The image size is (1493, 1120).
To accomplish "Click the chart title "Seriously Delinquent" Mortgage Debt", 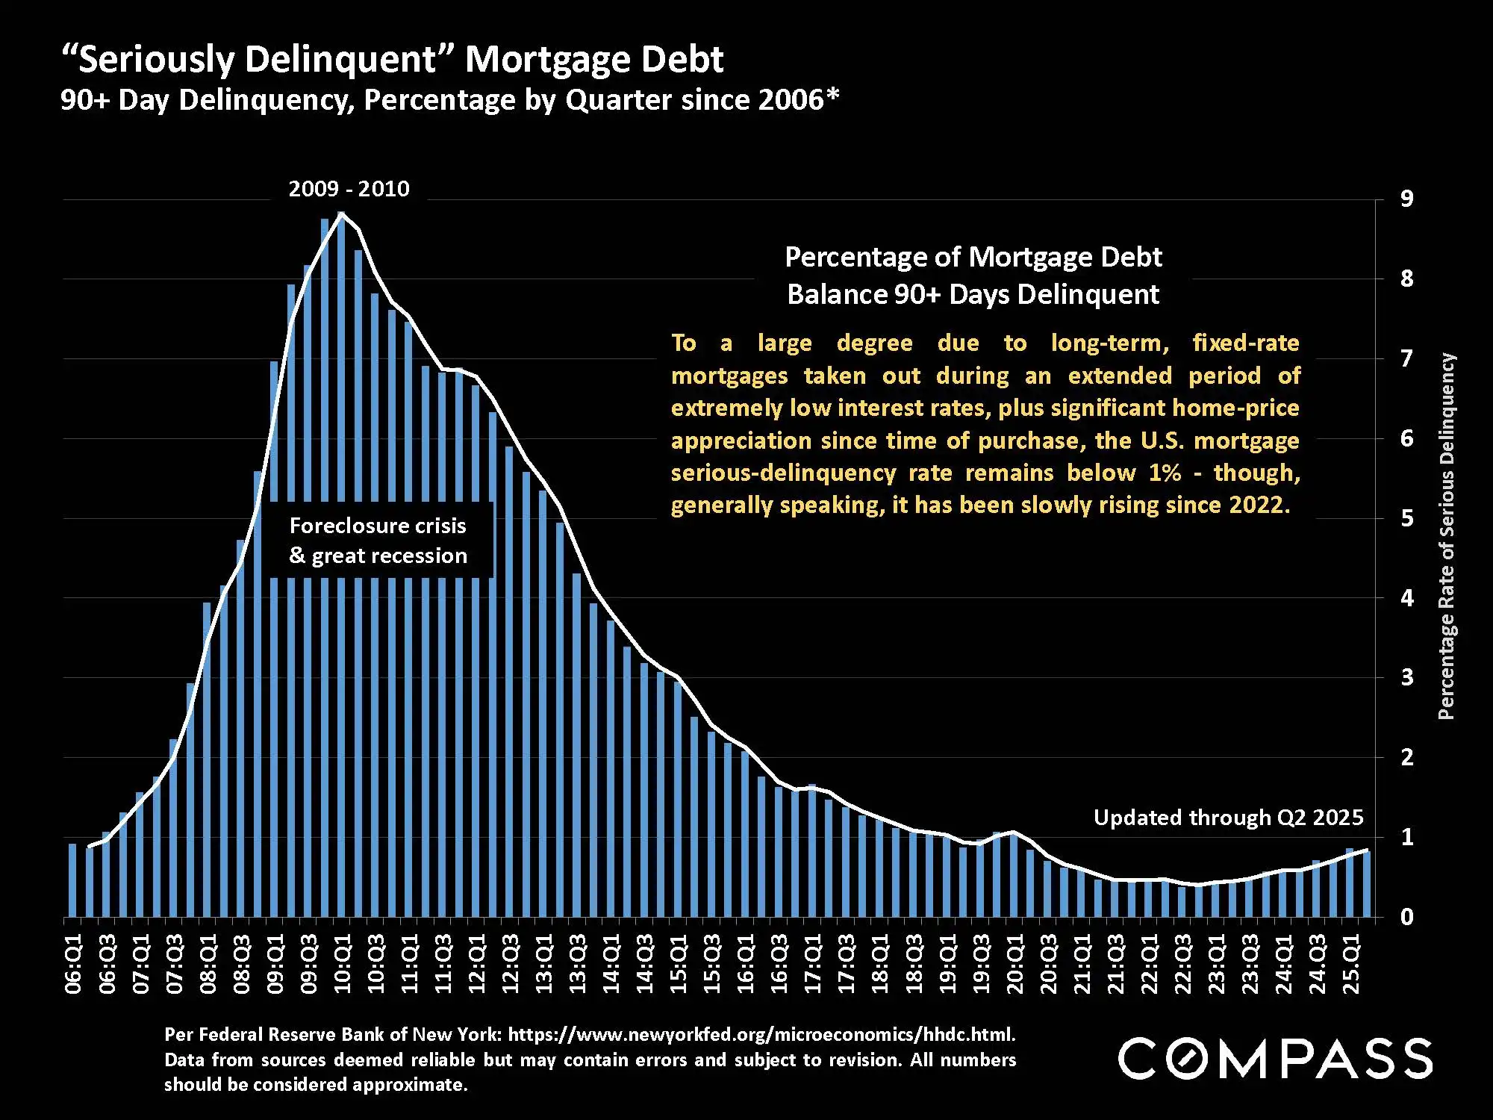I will [392, 60].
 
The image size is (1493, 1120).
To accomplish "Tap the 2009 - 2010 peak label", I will [349, 189].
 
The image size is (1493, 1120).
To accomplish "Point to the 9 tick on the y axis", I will [1406, 199].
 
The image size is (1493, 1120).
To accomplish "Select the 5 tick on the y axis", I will [1406, 518].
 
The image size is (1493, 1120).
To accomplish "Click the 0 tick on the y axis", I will [1406, 917].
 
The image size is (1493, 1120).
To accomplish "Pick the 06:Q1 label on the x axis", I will [73, 963].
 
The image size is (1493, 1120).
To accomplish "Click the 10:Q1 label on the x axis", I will [342, 963].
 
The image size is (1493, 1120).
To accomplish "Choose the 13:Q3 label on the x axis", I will [578, 963].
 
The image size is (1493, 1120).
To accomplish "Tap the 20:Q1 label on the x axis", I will [1014, 963].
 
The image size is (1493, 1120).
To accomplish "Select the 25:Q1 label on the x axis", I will [1351, 963].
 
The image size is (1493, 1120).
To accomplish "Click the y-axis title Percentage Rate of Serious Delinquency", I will [1446, 536].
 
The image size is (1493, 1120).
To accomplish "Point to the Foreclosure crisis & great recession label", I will [378, 541].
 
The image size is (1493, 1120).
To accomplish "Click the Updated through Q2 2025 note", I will [1228, 818].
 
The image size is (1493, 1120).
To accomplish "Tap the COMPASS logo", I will [1274, 1058].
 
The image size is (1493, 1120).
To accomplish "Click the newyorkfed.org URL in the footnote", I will [761, 1035].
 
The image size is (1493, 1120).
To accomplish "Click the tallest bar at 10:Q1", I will [341, 567].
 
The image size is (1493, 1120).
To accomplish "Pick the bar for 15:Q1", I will [678, 799].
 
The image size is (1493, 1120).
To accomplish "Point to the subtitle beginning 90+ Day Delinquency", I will [449, 100].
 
